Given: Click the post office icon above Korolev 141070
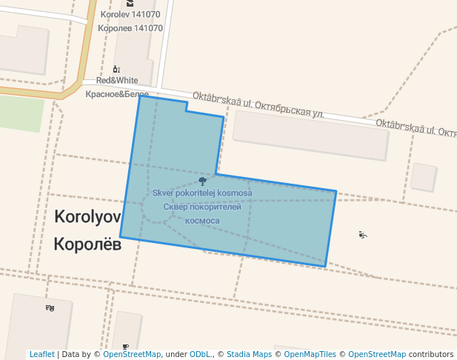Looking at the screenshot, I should tap(130, 4).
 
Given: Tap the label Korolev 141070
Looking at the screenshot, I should tap(130, 15).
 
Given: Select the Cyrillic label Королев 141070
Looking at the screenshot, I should tap(130, 28).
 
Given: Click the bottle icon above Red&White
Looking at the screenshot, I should tap(116, 69).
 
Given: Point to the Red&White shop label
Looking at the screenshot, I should tap(117, 80).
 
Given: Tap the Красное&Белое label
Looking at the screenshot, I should tap(117, 94).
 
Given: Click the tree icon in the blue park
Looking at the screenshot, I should tap(202, 181).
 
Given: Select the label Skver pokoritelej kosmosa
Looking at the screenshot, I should tap(202, 193).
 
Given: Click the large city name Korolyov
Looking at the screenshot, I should tap(87, 217).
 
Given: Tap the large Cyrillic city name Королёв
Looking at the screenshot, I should tap(87, 244).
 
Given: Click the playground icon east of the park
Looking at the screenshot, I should tap(362, 235).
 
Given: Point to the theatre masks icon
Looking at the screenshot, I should tap(50, 307).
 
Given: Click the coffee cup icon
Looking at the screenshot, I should tap(125, 346).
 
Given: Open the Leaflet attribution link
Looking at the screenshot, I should tap(41, 355).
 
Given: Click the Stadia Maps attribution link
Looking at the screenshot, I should tap(249, 355).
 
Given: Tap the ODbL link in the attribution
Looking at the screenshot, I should tap(200, 355).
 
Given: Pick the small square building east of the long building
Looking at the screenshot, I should tap(424, 177).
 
